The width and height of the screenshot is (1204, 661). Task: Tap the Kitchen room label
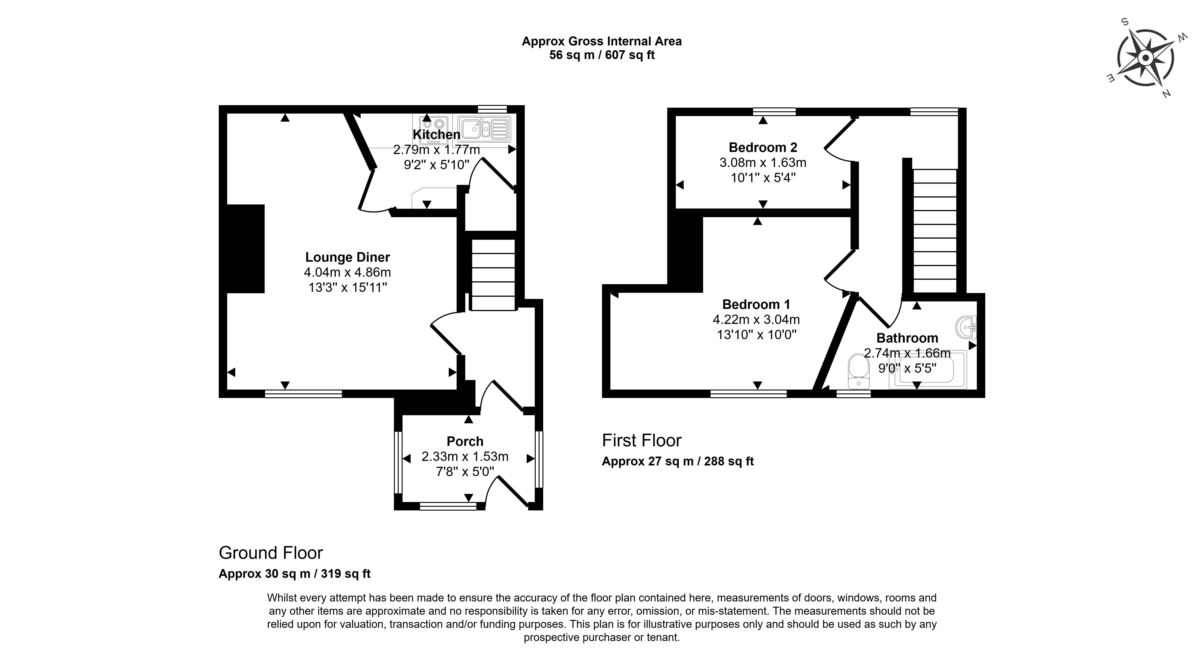click(436, 135)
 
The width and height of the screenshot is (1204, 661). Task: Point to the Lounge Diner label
click(347, 257)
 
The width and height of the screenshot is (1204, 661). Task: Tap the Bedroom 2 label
click(763, 148)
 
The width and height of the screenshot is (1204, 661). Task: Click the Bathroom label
click(907, 338)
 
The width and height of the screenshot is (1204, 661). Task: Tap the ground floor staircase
click(493, 275)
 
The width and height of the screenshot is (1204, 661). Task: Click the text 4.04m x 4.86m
click(347, 272)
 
